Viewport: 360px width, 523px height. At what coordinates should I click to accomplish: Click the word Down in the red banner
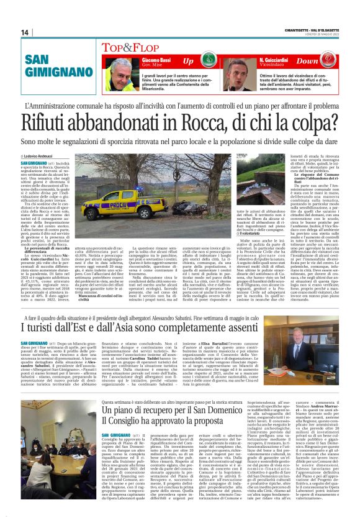(323, 61)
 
